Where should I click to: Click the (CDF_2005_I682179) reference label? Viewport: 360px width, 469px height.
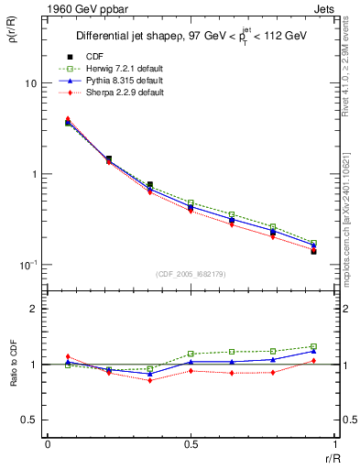pos(191,273)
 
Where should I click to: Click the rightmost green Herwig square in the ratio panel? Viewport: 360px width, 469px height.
pos(313,346)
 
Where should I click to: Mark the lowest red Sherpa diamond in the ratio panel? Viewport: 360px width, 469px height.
pos(149,380)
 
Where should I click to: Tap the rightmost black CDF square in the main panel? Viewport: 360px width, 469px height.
pos(313,251)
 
